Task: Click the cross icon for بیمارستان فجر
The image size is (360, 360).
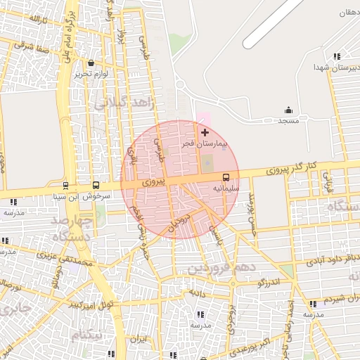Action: pos(205,132)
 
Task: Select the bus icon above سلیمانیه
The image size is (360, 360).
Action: pos(226,178)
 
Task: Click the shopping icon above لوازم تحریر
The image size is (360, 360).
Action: pos(91,63)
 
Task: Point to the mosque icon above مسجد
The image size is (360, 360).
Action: pos(288,110)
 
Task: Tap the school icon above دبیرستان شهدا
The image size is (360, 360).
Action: pos(337,56)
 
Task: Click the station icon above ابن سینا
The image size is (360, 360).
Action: pos(65,186)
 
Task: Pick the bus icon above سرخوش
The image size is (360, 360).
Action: pos(96,186)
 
